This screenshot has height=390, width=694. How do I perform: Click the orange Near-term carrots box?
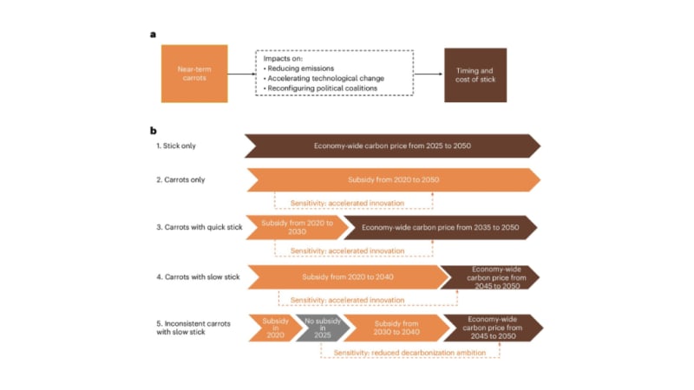194,74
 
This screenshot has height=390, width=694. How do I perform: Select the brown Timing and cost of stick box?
475,74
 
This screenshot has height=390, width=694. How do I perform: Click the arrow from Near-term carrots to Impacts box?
241,75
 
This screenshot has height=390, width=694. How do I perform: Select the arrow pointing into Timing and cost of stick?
428,75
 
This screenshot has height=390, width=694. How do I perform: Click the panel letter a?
154,35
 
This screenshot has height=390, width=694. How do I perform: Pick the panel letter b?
154,131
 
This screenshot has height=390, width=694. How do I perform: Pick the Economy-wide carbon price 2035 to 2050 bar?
441,227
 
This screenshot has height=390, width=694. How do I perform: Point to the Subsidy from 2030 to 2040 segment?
396,327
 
